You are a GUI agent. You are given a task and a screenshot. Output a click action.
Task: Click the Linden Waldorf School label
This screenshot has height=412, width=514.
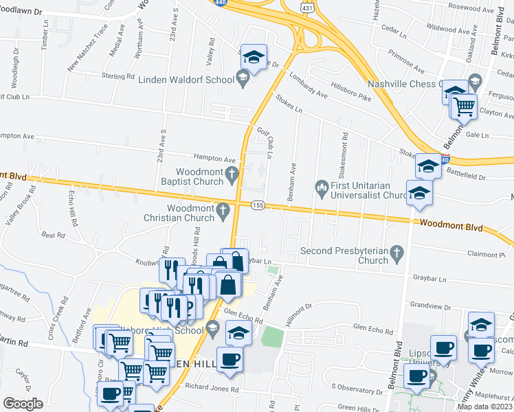tap(187, 80)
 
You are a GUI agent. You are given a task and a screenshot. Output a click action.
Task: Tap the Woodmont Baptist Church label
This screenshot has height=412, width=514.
tap(200, 176)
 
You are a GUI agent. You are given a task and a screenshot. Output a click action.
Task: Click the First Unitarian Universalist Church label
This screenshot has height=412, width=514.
tap(371, 190)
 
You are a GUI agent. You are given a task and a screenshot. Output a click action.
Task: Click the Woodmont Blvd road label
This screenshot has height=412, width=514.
tap(451, 225)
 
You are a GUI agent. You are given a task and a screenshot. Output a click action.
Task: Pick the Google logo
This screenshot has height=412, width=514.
tap(23, 404)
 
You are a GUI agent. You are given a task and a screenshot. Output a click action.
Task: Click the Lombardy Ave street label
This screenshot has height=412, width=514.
tap(309, 86)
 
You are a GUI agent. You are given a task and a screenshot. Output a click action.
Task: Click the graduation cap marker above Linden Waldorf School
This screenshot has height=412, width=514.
tap(254, 58)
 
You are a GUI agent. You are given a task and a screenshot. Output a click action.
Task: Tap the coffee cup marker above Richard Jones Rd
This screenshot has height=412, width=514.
tap(230, 359)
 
